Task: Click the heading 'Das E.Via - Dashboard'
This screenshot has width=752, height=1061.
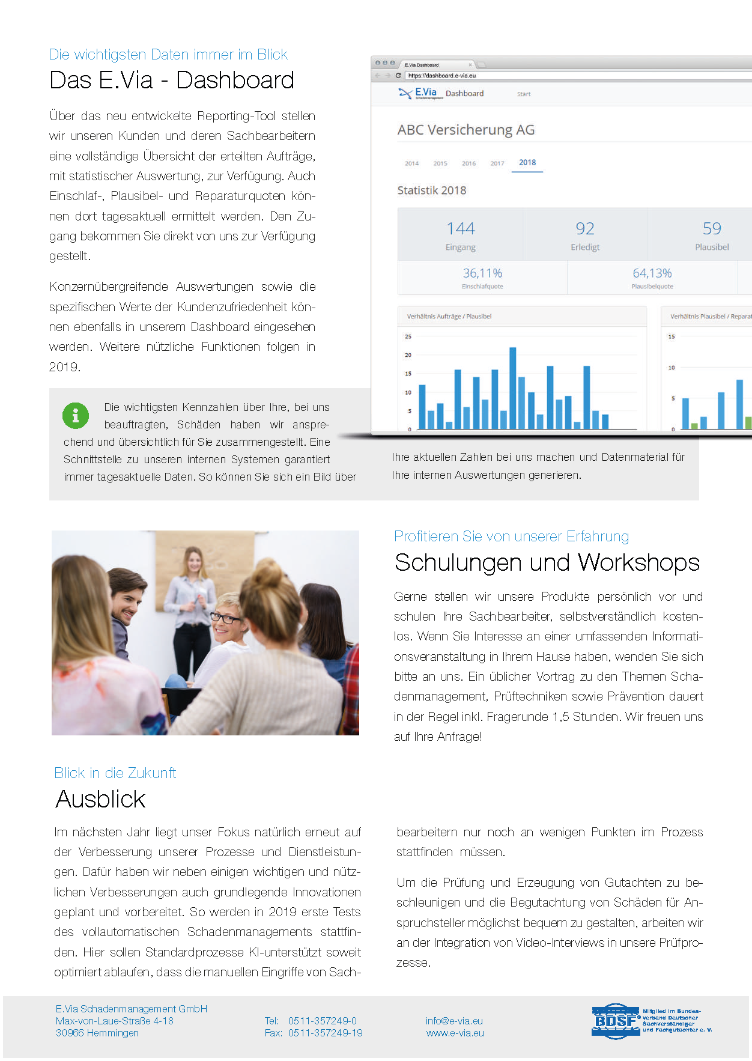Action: coord(172,81)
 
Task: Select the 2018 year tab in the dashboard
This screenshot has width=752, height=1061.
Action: coord(527,163)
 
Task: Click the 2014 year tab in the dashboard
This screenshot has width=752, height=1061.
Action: coord(411,163)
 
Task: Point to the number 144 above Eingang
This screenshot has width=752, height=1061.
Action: coord(461,229)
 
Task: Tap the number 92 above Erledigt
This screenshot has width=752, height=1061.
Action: coord(585,229)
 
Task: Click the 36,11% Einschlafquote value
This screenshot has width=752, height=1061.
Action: coord(482,273)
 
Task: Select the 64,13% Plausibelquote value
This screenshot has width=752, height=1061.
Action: coord(652,273)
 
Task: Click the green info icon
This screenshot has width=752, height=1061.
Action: coord(76,415)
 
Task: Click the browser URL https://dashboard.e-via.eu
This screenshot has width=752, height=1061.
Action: coord(442,76)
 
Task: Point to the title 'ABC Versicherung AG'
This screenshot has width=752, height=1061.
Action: coord(466,130)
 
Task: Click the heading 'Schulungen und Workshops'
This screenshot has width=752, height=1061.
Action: coord(547,563)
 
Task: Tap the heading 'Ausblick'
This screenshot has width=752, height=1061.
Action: coord(100,800)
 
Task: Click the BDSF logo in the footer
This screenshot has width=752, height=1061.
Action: coord(615,1021)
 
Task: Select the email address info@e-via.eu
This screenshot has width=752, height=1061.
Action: coord(454,1021)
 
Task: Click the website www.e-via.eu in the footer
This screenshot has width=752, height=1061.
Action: coord(455,1033)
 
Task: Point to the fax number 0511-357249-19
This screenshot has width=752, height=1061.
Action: coord(326,1033)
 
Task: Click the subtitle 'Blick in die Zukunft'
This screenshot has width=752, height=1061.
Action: coord(115,773)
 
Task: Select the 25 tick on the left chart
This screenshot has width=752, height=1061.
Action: coord(408,336)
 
